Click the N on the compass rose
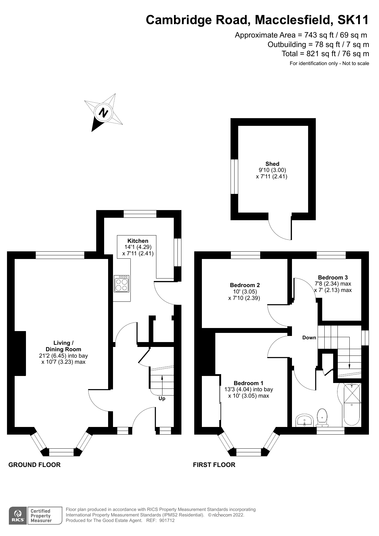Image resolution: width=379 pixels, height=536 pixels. [x=104, y=113]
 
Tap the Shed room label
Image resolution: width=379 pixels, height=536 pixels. [x=272, y=164]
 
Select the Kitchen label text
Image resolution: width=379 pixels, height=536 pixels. [x=138, y=241]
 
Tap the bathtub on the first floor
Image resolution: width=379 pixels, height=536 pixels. [x=352, y=405]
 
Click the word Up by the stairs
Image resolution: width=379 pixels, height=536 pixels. [x=162, y=399]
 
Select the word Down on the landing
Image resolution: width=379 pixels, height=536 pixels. [x=309, y=337]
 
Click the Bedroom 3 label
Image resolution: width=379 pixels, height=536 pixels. [x=333, y=278]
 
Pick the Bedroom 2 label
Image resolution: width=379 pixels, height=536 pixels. [x=245, y=285]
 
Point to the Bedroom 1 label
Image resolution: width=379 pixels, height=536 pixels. [x=248, y=383]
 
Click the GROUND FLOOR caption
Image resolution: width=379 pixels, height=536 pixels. [x=35, y=465]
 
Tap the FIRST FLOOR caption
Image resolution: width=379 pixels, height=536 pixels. [x=214, y=465]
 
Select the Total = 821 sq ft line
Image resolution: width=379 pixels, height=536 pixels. [x=325, y=54]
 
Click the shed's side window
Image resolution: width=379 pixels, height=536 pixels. [x=234, y=176]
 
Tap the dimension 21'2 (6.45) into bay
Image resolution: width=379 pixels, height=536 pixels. [x=63, y=356]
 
